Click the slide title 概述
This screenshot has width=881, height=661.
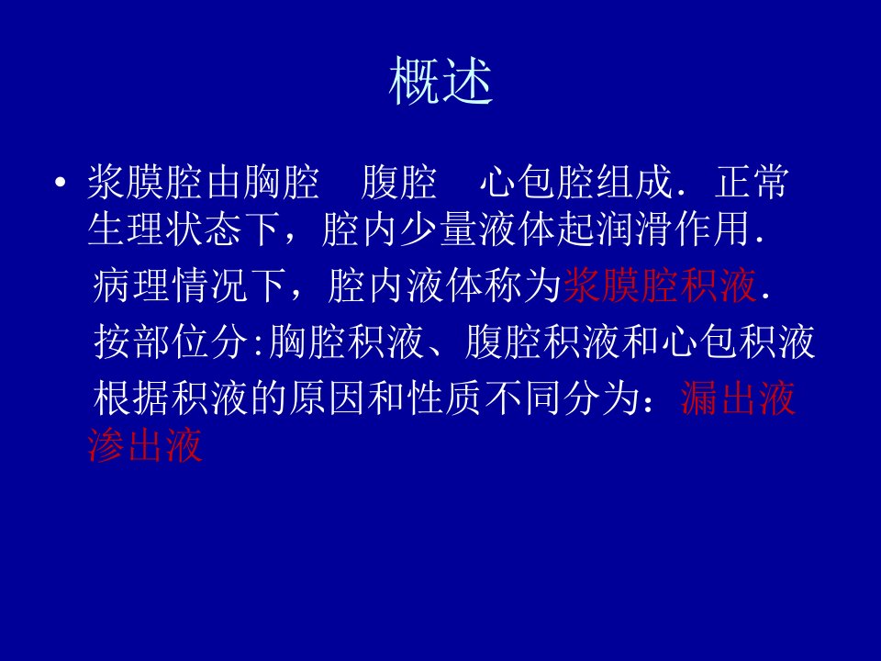[441, 81]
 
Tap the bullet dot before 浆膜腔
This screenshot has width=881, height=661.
[61, 182]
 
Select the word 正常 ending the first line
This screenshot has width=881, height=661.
[752, 182]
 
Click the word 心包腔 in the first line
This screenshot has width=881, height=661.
[537, 182]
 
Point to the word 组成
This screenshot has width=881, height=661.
[634, 182]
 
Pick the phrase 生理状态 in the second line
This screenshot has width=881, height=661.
[165, 229]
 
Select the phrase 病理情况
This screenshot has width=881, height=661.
[171, 285]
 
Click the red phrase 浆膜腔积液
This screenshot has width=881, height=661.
[660, 285]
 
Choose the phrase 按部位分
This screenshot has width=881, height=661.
[172, 342]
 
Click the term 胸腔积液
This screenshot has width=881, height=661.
[346, 342]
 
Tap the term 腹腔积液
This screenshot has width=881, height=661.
[542, 342]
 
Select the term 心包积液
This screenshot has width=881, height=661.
[738, 342]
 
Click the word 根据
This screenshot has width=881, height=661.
[131, 398]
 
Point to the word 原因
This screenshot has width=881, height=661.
[327, 398]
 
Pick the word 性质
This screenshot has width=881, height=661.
[444, 398]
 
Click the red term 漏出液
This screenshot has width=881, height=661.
[738, 398]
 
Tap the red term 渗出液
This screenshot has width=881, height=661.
[145, 444]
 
